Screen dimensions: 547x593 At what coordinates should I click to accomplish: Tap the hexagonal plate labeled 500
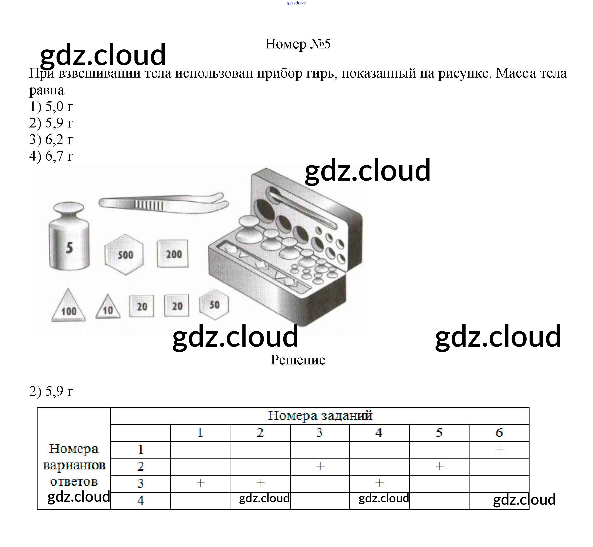click(124, 254)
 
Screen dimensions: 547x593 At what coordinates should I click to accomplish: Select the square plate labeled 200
click(173, 254)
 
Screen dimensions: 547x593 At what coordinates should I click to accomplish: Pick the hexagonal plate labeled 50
click(214, 305)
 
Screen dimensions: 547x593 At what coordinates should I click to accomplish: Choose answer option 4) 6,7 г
click(51, 156)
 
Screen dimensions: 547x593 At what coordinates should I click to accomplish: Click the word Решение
click(298, 360)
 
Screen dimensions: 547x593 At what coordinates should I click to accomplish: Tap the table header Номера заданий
click(320, 416)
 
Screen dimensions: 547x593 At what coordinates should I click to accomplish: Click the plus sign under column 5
click(440, 466)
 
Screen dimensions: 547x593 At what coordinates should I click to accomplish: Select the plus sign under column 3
click(320, 466)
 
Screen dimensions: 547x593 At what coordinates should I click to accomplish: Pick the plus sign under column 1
click(201, 483)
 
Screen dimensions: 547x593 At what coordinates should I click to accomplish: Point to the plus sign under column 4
click(380, 483)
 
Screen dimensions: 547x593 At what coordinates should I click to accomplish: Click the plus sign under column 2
click(260, 483)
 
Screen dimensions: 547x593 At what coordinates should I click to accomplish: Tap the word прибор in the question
click(277, 73)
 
